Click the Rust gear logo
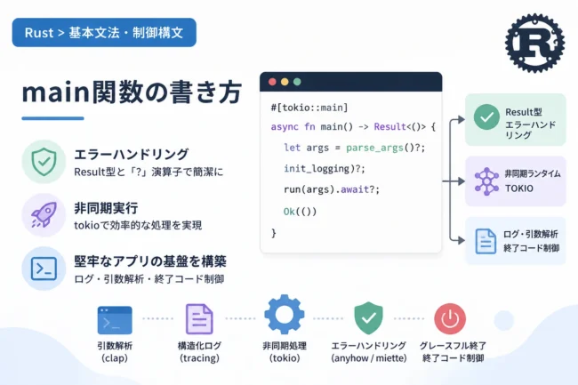[x=534, y=43]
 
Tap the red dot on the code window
[x=272, y=82]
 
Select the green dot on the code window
[x=297, y=82]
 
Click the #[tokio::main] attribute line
[x=309, y=108]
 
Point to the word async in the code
[x=285, y=127]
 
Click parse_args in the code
[x=374, y=148]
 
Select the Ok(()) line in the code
[x=300, y=212]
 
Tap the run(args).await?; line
[x=332, y=189]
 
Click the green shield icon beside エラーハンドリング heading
[x=44, y=161]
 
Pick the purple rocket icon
[x=44, y=215]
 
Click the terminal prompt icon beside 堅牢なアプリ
[x=44, y=269]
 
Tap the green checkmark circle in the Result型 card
[x=486, y=117]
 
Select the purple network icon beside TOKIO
[x=486, y=181]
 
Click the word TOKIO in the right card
[x=519, y=188]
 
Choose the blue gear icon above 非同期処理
[x=285, y=315]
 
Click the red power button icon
[x=450, y=318]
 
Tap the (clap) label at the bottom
[x=115, y=358]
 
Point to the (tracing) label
[x=199, y=358]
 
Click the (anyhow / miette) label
[x=369, y=358]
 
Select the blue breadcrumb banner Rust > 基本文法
[x=104, y=32]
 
